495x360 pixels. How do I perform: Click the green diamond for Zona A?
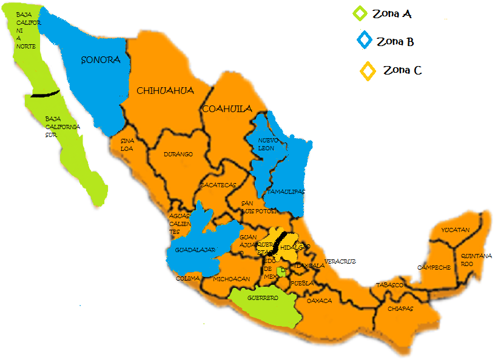pyautogui.click(x=360, y=13)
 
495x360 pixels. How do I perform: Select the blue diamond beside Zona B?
pyautogui.click(x=364, y=41)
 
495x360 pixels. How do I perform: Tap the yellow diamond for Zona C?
pyautogui.click(x=368, y=71)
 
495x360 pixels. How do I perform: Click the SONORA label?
pyautogui.click(x=101, y=60)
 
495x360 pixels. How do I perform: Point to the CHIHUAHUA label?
pyautogui.click(x=165, y=91)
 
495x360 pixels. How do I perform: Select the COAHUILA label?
pyautogui.click(x=227, y=109)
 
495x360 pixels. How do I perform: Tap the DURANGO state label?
pyautogui.click(x=178, y=155)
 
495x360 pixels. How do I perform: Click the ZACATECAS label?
pyautogui.click(x=218, y=185)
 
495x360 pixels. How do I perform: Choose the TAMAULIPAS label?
pyautogui.click(x=286, y=192)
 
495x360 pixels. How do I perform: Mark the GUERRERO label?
pyautogui.click(x=263, y=298)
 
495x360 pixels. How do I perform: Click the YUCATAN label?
pyautogui.click(x=455, y=230)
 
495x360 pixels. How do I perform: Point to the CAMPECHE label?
pyautogui.click(x=434, y=267)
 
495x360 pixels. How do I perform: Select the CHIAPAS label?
pyautogui.click(x=400, y=308)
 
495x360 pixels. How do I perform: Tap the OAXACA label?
pyautogui.click(x=319, y=301)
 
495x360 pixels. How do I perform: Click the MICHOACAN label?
pyautogui.click(x=231, y=279)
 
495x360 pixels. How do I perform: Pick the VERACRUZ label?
pyautogui.click(x=340, y=261)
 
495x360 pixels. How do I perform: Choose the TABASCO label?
pyautogui.click(x=389, y=285)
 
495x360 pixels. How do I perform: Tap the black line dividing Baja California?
pyautogui.click(x=45, y=93)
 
